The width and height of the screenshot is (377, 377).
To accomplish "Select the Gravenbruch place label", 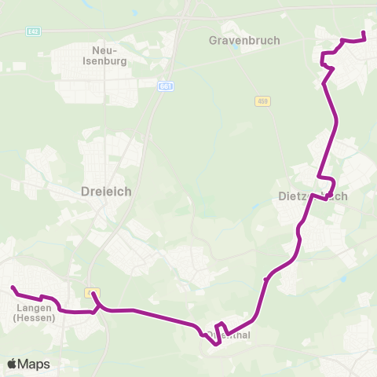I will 244,39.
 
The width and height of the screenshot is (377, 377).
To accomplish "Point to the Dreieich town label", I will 106,191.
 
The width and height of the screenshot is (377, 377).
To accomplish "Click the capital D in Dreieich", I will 85,191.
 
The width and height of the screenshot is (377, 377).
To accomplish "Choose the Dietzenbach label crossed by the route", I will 313,196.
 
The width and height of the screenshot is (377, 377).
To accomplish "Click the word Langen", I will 34,308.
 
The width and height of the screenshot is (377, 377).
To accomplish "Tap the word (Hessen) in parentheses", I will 34,318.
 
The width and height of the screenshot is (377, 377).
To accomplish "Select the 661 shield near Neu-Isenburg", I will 165,86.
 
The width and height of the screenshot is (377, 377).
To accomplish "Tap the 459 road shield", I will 262,101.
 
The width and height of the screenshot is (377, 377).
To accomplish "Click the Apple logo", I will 13,364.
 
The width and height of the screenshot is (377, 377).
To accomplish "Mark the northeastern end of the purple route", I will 363,32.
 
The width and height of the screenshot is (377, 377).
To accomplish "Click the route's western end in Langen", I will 13,287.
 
